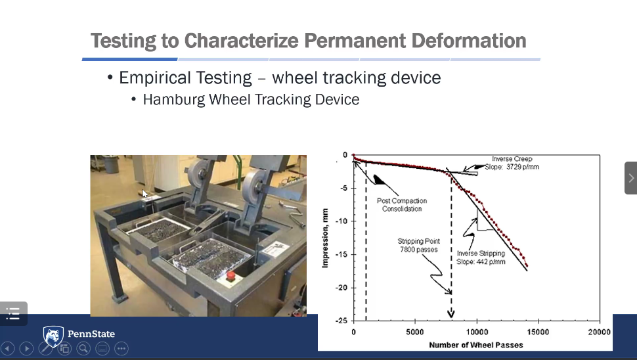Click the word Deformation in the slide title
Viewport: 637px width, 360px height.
[x=468, y=41]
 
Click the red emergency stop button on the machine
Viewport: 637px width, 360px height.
[x=231, y=277]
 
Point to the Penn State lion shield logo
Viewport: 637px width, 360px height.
[x=53, y=336]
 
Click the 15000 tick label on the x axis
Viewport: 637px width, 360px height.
[x=538, y=332]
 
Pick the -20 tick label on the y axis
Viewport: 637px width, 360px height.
[x=341, y=288]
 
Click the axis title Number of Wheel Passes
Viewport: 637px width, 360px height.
[x=476, y=345]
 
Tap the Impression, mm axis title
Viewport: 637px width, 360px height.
[x=325, y=238]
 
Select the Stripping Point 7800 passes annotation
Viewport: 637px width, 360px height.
[x=419, y=246]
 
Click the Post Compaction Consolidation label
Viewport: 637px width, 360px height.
[x=402, y=205]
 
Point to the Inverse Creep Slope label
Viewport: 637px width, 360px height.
[x=512, y=163]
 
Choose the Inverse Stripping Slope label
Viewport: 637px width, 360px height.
[x=481, y=258]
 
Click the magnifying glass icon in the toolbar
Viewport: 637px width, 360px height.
[x=83, y=349]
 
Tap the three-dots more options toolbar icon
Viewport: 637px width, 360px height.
[x=121, y=349]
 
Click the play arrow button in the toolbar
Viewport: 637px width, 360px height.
[x=26, y=349]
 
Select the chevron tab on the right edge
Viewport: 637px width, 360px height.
[x=631, y=178]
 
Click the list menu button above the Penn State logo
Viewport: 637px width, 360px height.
[x=13, y=313]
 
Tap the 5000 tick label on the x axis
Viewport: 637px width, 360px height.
[x=415, y=332]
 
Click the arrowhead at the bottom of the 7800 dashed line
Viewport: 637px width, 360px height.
[x=451, y=313]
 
